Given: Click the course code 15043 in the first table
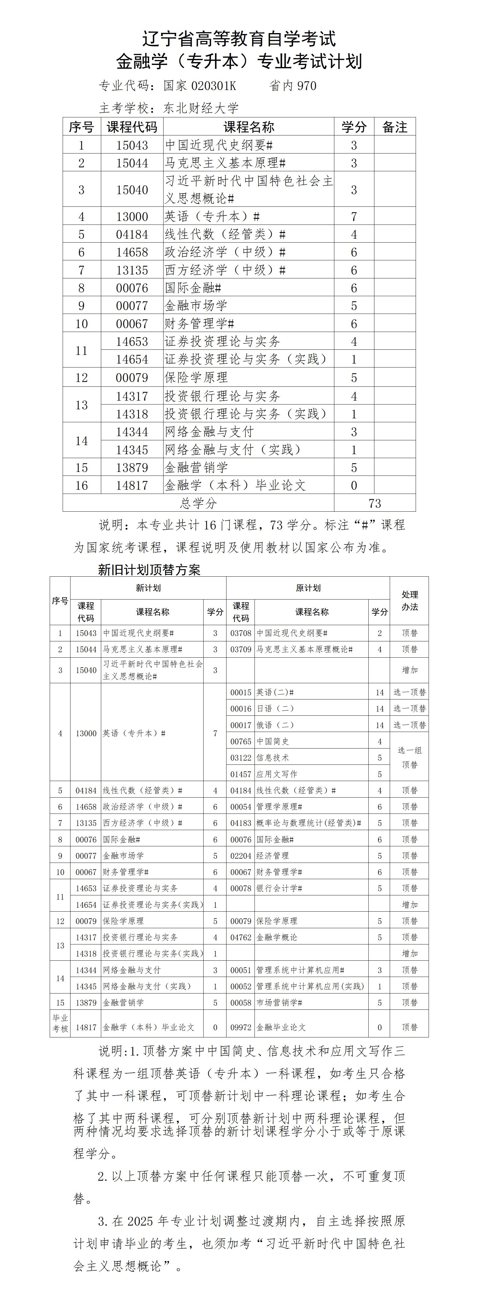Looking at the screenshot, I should [132, 145].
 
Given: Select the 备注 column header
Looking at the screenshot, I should [395, 127].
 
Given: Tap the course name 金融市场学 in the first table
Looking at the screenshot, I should [196, 306].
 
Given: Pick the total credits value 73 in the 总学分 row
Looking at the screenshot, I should [375, 504].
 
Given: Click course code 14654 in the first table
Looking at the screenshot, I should [132, 359].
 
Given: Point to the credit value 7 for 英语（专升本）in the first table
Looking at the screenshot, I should [354, 217].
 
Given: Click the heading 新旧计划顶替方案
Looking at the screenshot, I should [149, 570].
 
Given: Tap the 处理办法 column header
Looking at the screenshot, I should [409, 600].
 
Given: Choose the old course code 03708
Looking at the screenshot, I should [241, 633].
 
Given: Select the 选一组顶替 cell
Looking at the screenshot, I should [409, 757].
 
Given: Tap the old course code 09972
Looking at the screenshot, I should [241, 1027].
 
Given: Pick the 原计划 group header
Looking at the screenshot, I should [308, 588].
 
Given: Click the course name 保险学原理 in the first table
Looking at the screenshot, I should [196, 377].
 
